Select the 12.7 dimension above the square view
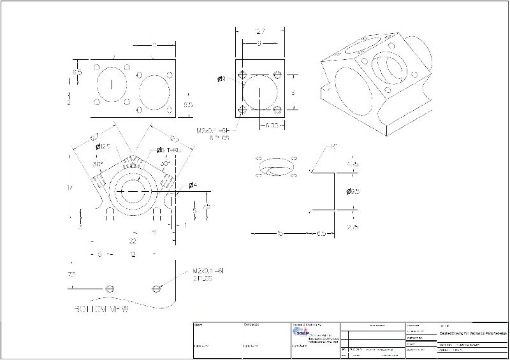(259, 31)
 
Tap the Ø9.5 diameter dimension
(355, 191)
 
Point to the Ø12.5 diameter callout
(103, 147)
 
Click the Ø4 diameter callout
(193, 185)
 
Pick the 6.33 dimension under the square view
(272, 125)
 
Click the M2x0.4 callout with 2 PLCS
(210, 275)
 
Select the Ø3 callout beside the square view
(222, 79)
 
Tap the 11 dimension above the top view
(154, 45)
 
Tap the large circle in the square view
(260, 94)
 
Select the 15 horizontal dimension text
(280, 234)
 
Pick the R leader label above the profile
(334, 147)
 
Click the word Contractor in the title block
(251, 325)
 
